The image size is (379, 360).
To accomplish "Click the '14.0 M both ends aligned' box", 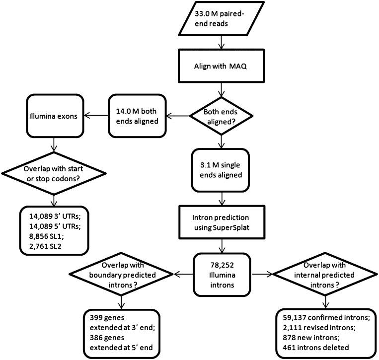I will point(137,117).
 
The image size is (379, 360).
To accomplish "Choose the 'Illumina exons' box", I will point(54,117).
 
